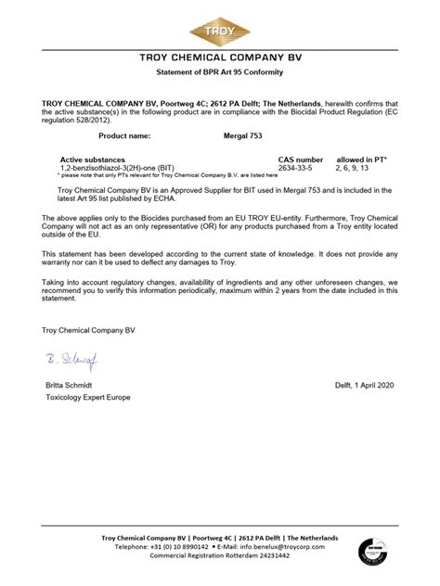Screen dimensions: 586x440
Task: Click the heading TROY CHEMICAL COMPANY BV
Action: [220, 57]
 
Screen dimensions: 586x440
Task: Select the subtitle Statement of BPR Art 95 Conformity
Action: [220, 72]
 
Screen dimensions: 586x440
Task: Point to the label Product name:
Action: [111, 135]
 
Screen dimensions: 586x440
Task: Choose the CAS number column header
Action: [301, 159]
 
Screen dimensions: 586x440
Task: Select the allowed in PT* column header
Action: [362, 159]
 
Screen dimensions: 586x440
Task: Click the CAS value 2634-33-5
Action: [296, 167]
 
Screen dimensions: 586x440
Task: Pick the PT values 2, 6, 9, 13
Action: [352, 167]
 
